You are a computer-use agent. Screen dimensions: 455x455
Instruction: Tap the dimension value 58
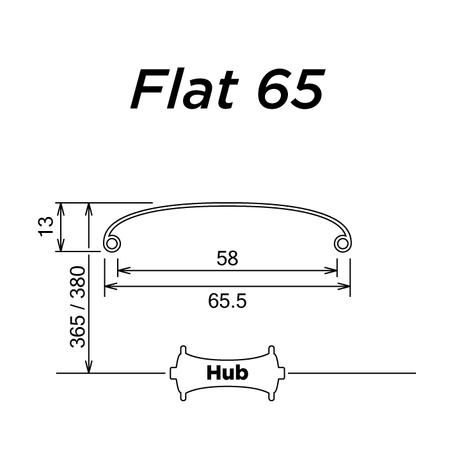(227, 259)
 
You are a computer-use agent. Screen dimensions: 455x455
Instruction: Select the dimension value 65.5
(227, 300)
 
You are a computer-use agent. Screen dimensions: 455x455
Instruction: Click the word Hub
(227, 372)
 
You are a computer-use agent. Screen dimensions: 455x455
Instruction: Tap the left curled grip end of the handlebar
(111, 244)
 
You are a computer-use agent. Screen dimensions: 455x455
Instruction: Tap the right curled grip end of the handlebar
(343, 244)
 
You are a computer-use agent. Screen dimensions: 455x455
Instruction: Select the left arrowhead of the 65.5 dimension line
(109, 287)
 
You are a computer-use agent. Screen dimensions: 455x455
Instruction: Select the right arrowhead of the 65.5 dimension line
(346, 287)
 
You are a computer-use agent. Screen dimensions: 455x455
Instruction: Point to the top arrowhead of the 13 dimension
(61, 207)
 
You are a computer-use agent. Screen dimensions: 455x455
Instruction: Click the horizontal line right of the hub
(352, 372)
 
